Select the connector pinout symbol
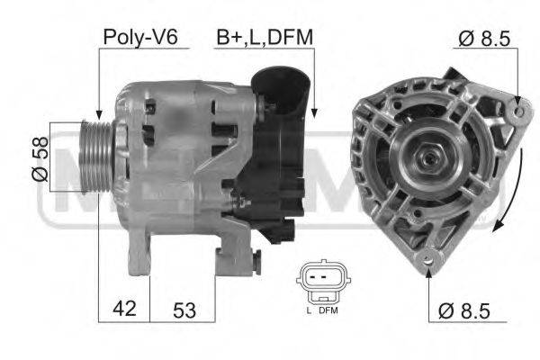click(319, 283)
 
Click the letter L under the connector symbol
click(309, 310)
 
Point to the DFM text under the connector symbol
click(328, 310)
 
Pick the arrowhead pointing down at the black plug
click(314, 112)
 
